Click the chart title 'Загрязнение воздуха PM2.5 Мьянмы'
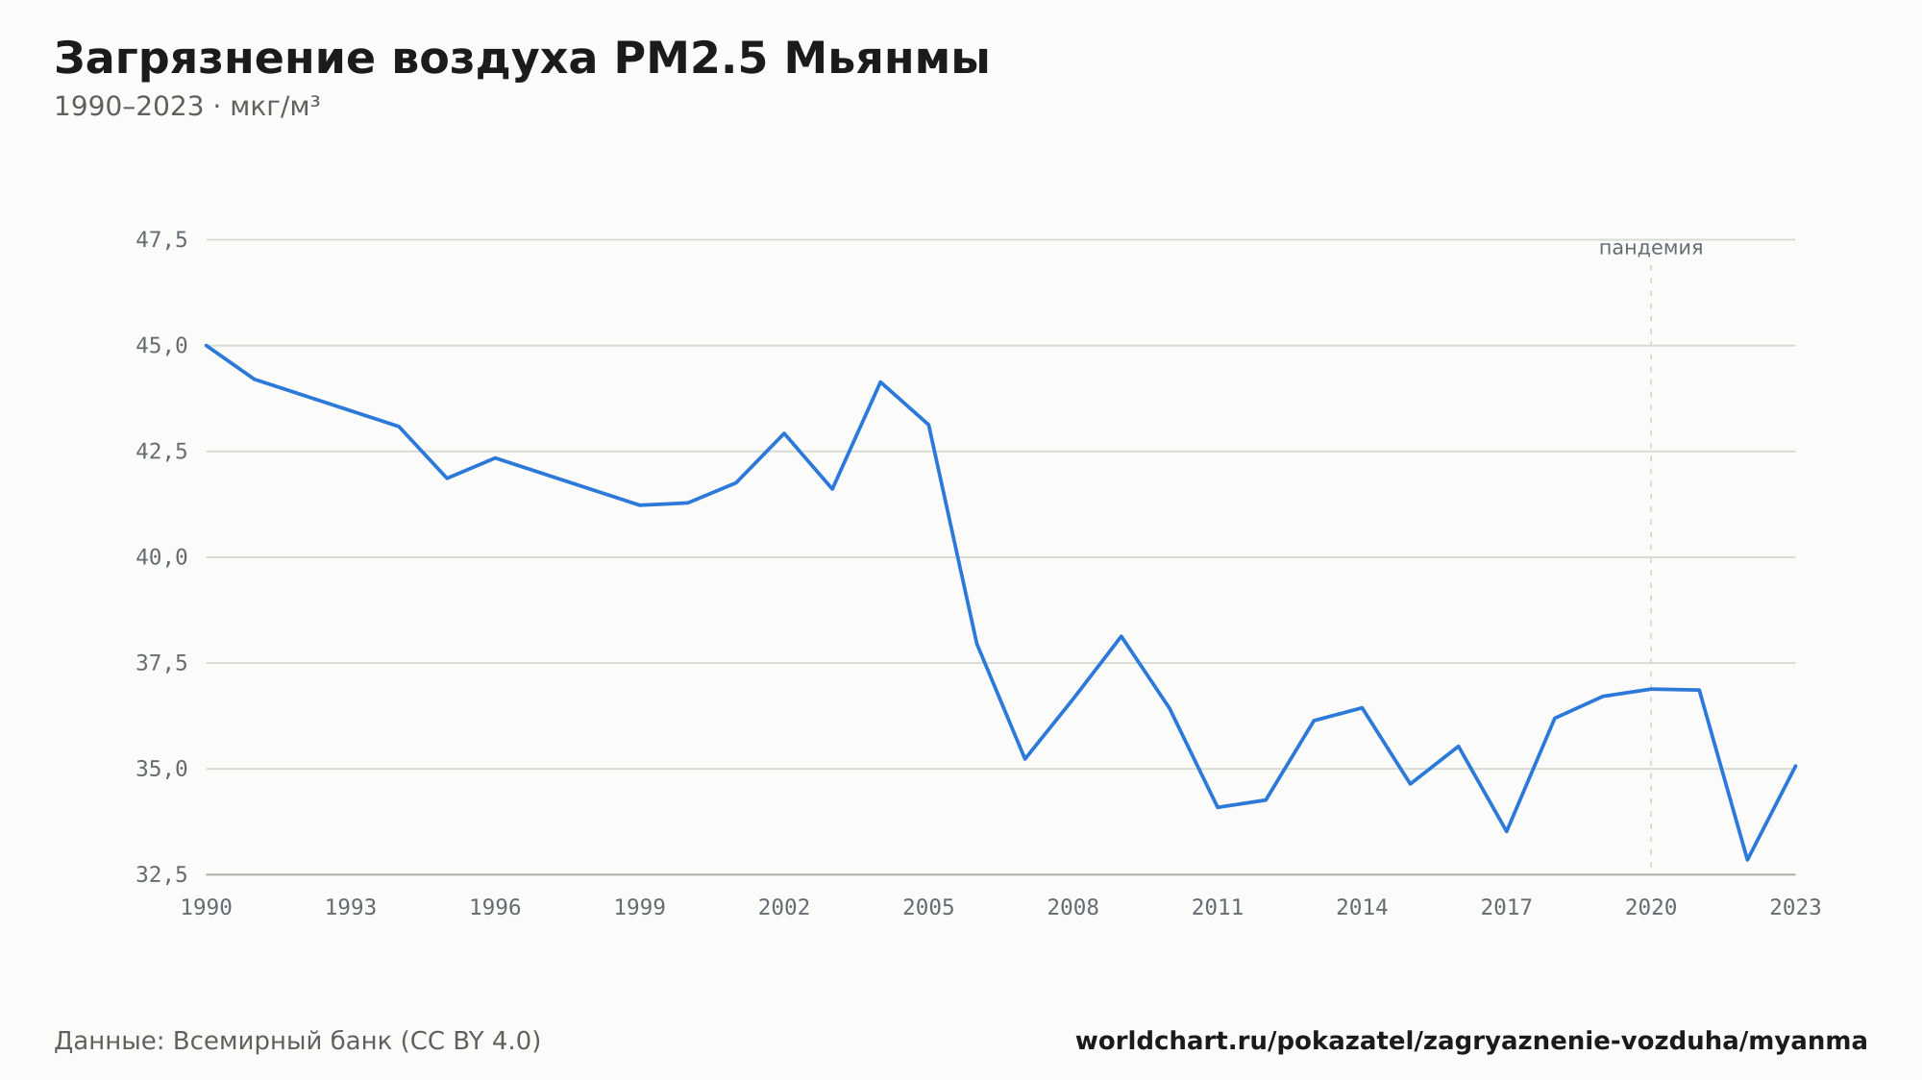522,60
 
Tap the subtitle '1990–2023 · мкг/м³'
187,106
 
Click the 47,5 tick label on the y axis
161,240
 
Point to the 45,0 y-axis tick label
161,346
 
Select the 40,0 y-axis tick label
161,557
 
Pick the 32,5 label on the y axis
161,874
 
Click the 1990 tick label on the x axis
207,908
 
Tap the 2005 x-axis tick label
928,908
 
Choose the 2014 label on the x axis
1362,908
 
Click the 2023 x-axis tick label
1795,908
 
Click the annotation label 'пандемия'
1651,248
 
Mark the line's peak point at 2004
880,382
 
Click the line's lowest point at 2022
1747,860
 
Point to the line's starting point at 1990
207,345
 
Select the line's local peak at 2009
1121,636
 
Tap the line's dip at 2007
1024,759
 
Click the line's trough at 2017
1507,831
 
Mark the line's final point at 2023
1795,766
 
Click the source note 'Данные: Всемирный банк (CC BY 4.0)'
298,1042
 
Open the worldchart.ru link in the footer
1471,1042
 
